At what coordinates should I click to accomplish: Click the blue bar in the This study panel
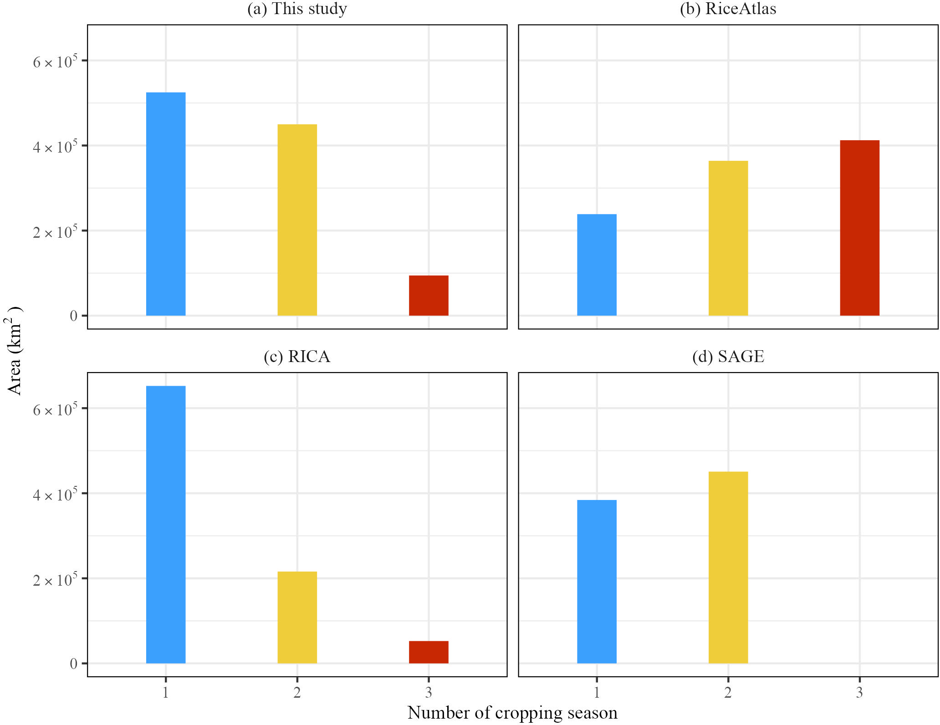coord(166,204)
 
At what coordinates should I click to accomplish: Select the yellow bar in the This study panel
coord(297,220)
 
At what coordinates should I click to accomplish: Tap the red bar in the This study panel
coord(429,296)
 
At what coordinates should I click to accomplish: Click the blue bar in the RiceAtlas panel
coord(597,265)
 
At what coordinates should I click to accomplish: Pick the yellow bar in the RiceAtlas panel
coord(728,238)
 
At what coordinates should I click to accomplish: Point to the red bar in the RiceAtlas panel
coord(859,228)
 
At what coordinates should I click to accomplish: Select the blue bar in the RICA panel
coord(166,525)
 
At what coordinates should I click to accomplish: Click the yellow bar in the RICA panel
coord(297,617)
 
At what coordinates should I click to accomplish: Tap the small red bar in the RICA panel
coord(429,652)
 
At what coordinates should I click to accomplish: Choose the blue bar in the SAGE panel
coord(597,582)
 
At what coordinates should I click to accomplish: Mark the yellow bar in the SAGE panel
coord(728,567)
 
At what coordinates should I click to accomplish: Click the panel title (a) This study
coord(297,9)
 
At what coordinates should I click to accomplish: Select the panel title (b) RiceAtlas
coord(728,9)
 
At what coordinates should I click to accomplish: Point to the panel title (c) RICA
coord(297,357)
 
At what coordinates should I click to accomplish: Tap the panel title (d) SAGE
coord(728,357)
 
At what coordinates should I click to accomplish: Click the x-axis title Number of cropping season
coord(512,713)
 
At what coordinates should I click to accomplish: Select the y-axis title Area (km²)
coord(14,351)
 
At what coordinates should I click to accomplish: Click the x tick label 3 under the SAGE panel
coord(859,693)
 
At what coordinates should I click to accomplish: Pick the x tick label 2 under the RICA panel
coord(297,693)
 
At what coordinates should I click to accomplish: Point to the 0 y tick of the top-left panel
coord(74,316)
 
